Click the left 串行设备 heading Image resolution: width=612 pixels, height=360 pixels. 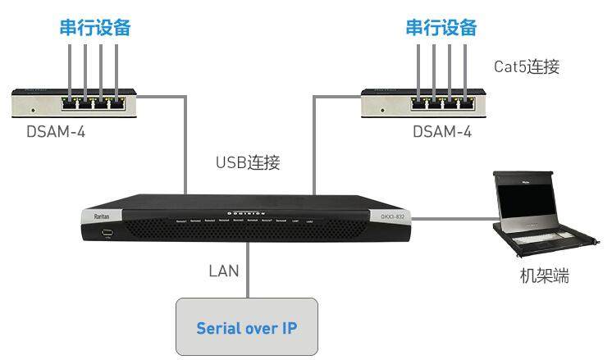[95, 27]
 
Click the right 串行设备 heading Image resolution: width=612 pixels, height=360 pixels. [441, 27]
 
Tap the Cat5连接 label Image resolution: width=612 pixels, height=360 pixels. [527, 66]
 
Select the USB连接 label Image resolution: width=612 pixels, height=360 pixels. [248, 162]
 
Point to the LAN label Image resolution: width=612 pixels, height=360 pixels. [223, 268]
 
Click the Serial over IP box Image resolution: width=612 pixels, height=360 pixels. [246, 327]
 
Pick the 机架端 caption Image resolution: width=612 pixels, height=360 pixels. [545, 276]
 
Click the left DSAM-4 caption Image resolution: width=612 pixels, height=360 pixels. [54, 131]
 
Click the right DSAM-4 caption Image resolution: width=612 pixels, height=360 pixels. [442, 131]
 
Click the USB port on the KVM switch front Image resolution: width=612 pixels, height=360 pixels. [106, 234]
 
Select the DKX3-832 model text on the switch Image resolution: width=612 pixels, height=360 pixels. [393, 217]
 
